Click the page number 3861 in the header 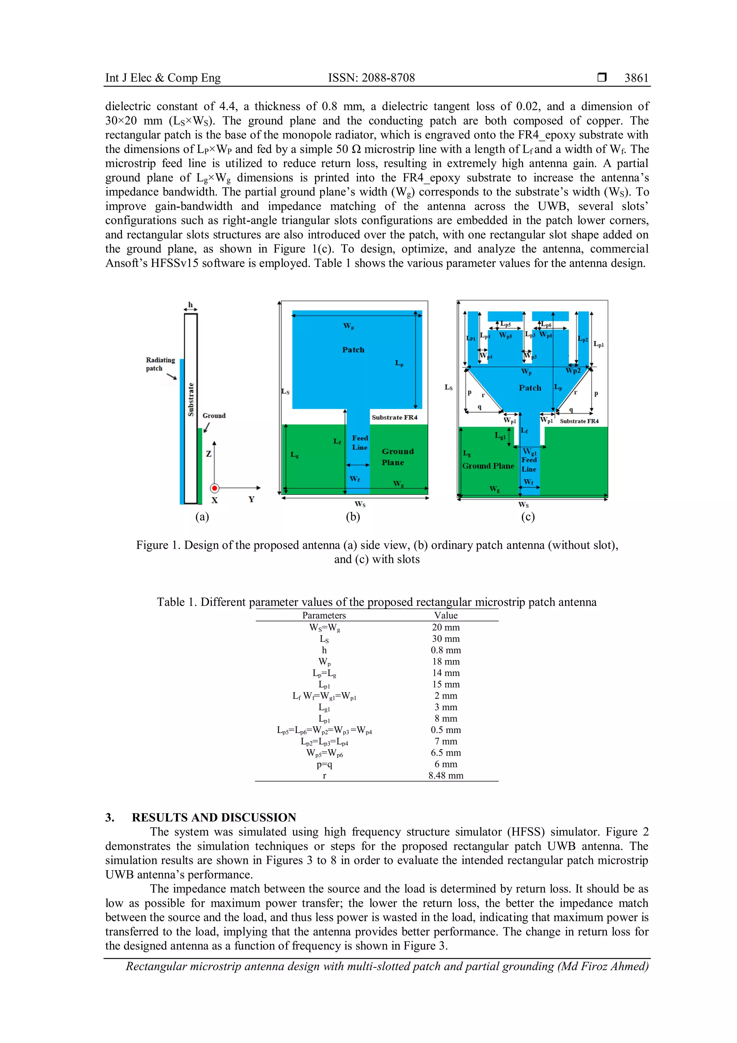coord(636,78)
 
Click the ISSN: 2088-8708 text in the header coord(371,78)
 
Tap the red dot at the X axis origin coord(214,488)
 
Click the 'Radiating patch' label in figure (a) coord(160,364)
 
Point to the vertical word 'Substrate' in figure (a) coord(191,399)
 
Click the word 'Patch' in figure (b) coord(353,350)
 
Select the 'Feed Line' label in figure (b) coord(360,443)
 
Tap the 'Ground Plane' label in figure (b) coord(398,457)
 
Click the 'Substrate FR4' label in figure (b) coord(394,417)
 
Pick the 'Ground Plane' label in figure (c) coord(488,466)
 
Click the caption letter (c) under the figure coord(528,516)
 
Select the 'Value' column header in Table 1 coord(446,615)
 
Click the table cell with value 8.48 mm coord(446,775)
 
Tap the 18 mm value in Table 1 coord(446,661)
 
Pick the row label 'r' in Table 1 coord(325,776)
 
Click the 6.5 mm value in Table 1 coord(446,753)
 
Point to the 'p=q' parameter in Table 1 coord(325,765)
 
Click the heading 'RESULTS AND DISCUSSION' coord(214,817)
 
